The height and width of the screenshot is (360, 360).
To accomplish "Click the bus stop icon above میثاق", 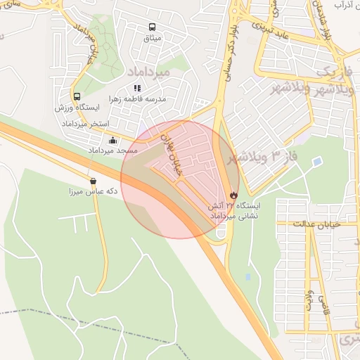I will coord(151,27).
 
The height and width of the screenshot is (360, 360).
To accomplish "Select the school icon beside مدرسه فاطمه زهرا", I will coord(137,89).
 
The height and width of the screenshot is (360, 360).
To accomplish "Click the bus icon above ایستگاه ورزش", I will coord(77,96).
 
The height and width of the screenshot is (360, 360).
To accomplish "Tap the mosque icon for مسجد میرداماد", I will coord(113,140).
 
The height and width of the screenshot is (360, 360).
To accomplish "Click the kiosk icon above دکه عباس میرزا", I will coord(93,181).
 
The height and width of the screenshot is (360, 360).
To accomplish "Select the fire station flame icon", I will coord(233,195).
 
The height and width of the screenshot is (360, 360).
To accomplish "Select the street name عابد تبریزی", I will coord(278,30).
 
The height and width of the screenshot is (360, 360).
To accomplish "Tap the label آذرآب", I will coord(342,5).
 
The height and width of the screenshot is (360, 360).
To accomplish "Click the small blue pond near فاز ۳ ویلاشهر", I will coord(317,162).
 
